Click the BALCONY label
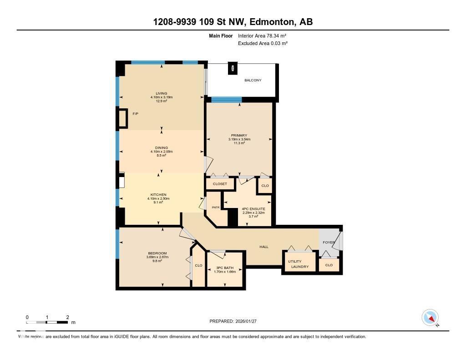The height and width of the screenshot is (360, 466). (253, 80)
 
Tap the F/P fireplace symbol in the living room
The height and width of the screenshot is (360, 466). (123, 118)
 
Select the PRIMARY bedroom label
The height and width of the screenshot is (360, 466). (239, 135)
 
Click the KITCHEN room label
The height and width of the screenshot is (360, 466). (158, 195)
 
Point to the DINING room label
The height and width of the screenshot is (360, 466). (161, 148)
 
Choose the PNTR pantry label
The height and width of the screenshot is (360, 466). (216, 208)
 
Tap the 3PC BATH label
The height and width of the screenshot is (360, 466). (225, 268)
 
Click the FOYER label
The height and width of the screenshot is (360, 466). (329, 242)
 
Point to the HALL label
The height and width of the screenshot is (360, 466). (264, 247)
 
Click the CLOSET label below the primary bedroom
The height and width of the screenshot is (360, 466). (220, 184)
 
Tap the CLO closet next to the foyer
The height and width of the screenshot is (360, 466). (329, 265)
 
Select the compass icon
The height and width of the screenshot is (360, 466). (430, 318)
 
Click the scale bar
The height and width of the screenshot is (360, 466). (47, 322)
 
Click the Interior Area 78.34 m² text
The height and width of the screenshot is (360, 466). (262, 35)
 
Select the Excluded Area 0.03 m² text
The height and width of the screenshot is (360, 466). (263, 43)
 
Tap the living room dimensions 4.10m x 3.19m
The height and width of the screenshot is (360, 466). (161, 97)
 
